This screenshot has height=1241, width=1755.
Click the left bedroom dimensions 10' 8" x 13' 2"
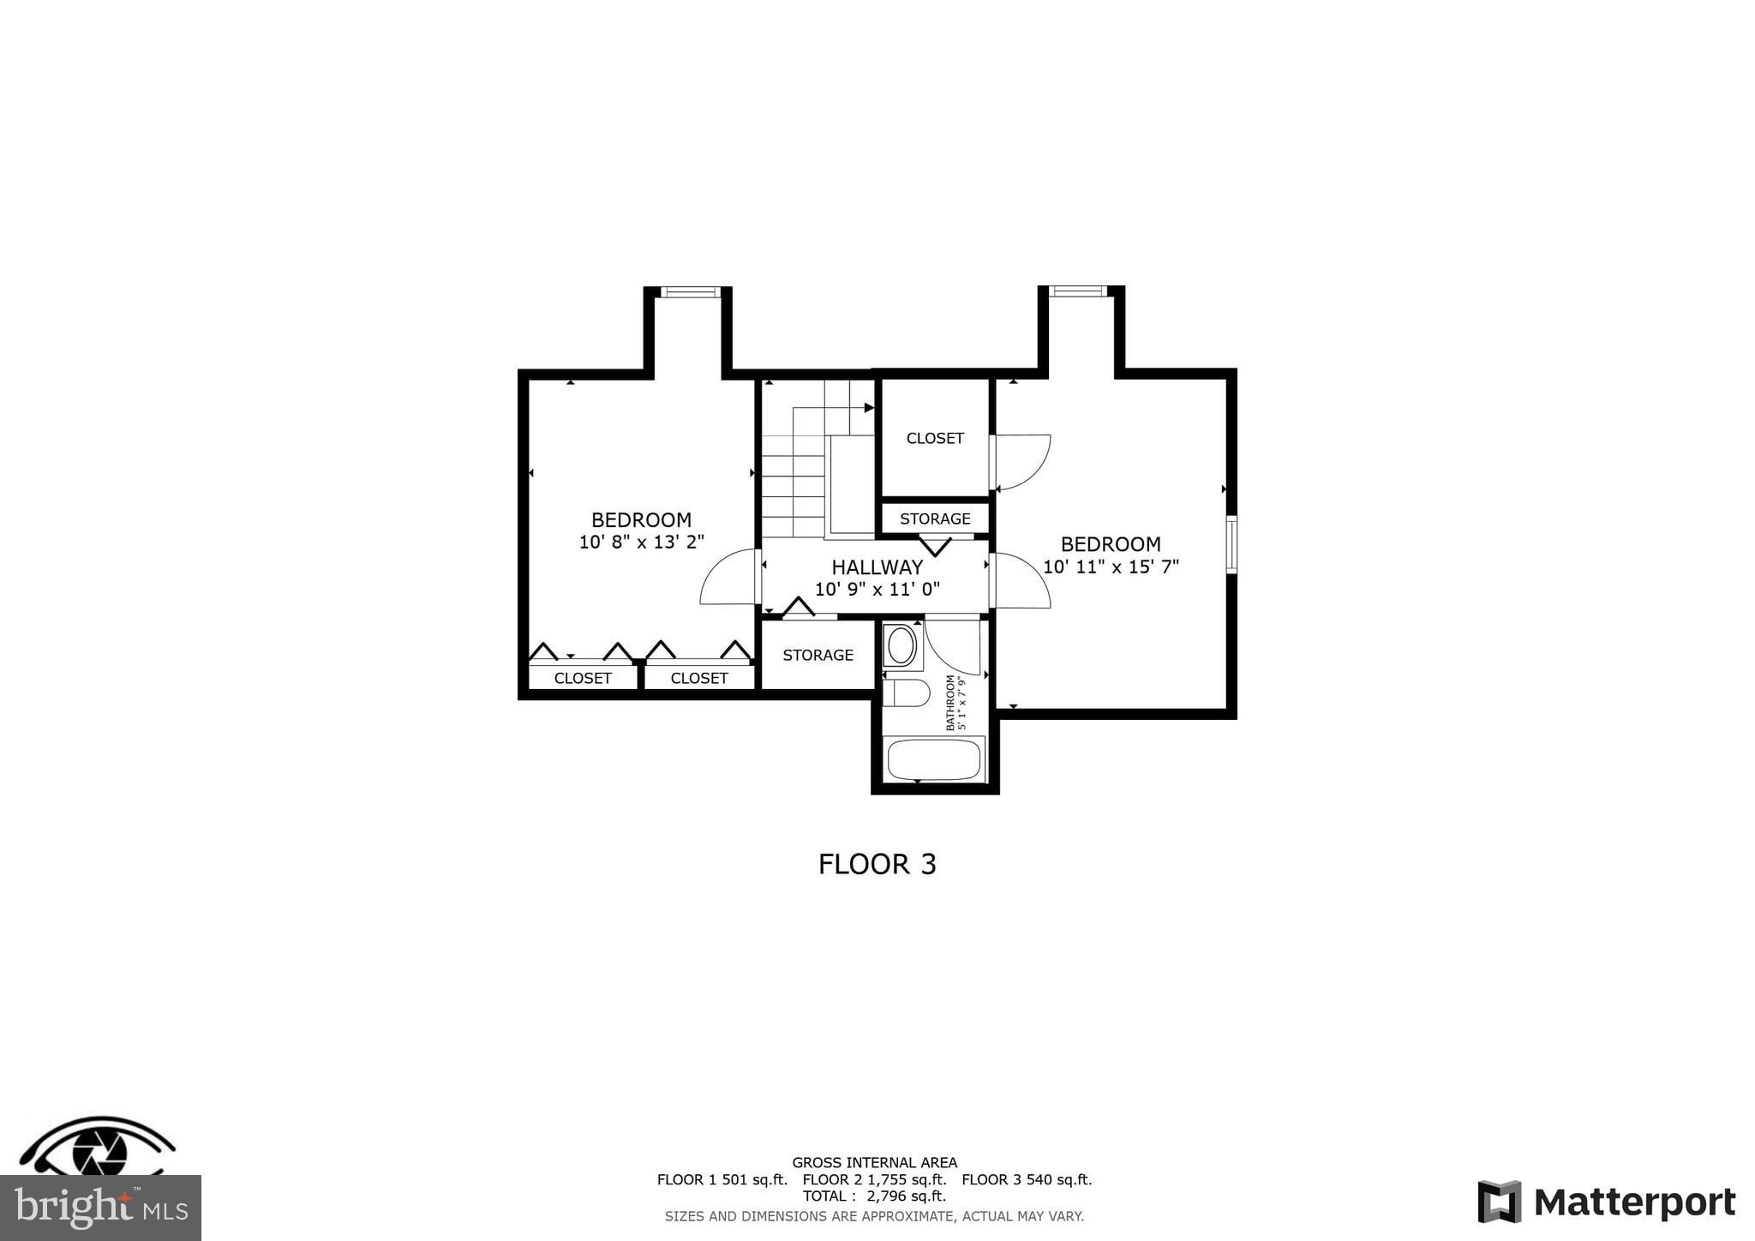click(x=641, y=542)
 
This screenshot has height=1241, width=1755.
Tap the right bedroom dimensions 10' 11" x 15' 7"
click(x=1111, y=567)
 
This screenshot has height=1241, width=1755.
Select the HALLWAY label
click(x=877, y=567)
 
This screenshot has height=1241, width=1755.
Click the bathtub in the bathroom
click(x=933, y=759)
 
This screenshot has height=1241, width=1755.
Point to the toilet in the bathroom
click(x=906, y=692)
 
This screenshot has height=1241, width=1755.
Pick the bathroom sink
click(x=901, y=645)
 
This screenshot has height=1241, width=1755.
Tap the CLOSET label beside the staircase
click(x=935, y=438)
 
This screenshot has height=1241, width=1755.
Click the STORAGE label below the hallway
click(x=818, y=655)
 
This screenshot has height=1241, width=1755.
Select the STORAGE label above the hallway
click(x=935, y=519)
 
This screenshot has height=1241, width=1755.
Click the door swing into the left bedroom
click(x=728, y=579)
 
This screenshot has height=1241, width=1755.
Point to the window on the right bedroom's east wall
click(x=1231, y=544)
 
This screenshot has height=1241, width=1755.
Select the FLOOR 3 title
click(x=877, y=864)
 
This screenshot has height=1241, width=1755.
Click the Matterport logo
click(x=1606, y=1202)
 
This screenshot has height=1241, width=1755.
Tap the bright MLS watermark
click(x=100, y=1208)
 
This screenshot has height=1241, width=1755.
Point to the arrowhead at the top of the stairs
click(x=869, y=408)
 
